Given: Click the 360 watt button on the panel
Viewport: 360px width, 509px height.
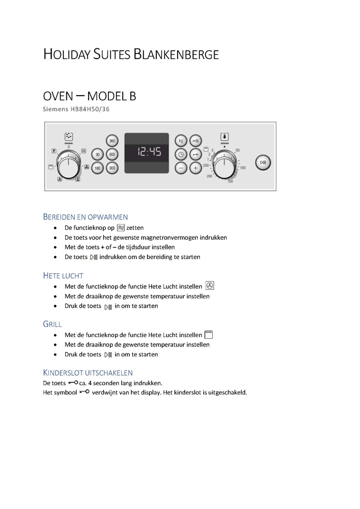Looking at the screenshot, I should [x=112, y=141].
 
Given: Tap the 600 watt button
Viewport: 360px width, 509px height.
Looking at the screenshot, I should [x=112, y=154].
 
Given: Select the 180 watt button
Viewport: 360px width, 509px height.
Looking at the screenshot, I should [x=98, y=168].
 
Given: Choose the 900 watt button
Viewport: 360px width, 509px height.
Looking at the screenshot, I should [x=112, y=168].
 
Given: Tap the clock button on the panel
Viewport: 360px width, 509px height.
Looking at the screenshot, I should [x=180, y=154].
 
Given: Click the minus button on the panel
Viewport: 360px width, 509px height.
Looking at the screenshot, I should [x=180, y=168].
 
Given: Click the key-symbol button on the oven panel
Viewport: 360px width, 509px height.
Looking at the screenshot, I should [x=195, y=154].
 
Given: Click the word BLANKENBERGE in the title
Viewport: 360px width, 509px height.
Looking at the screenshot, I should [x=176, y=54].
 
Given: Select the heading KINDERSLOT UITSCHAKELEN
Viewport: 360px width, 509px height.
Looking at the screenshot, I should [x=88, y=373].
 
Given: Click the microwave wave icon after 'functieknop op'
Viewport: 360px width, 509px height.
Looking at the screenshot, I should [x=121, y=228].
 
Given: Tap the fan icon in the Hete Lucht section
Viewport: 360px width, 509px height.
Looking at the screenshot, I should [x=210, y=286].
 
